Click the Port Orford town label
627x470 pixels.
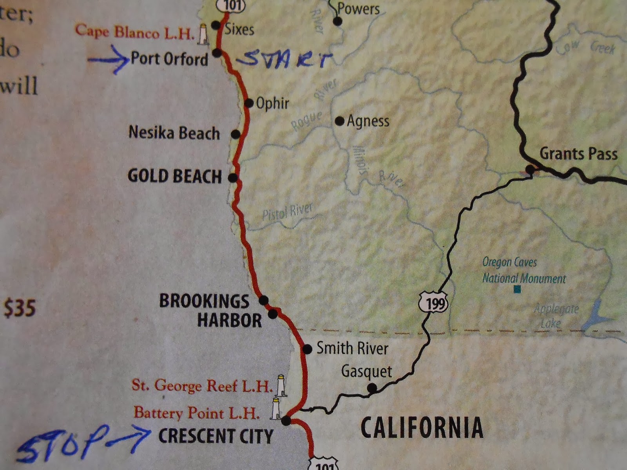click(x=169, y=59)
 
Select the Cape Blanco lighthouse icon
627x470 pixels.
click(x=203, y=34)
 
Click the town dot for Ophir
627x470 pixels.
click(x=249, y=103)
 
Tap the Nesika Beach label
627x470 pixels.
click(x=174, y=133)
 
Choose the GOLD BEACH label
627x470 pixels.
click(x=175, y=176)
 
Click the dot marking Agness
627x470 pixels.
click(x=339, y=121)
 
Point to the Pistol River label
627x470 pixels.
click(x=287, y=212)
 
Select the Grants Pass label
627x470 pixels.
click(x=578, y=154)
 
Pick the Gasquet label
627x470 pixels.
click(x=366, y=371)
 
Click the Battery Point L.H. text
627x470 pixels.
click(x=196, y=413)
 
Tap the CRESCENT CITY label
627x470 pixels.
click(x=216, y=436)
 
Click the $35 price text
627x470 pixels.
click(x=20, y=308)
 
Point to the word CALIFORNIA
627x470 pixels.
click(x=422, y=427)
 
